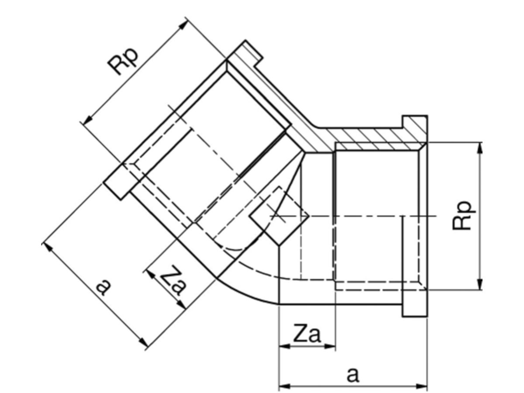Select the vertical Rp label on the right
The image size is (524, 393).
(x=462, y=216)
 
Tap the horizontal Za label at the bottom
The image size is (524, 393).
(x=307, y=334)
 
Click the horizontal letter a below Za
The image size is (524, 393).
(x=352, y=375)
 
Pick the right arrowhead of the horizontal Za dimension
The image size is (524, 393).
(x=329, y=346)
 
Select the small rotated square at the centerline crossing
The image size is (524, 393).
(x=279, y=216)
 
